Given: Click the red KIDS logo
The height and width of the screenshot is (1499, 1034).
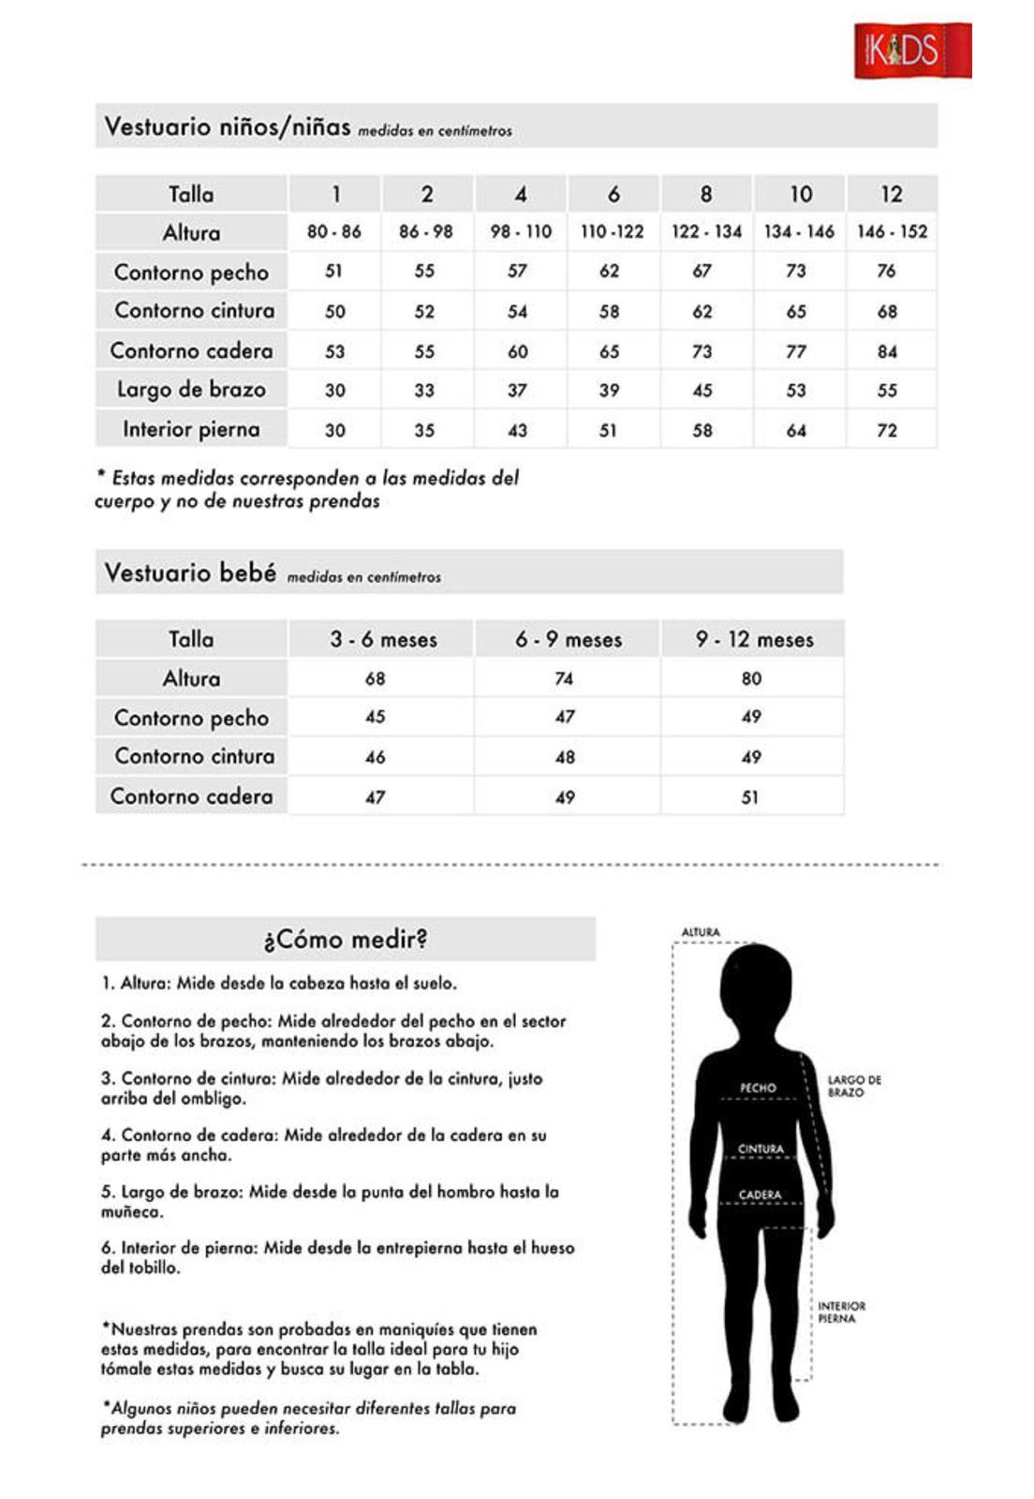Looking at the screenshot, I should (912, 51).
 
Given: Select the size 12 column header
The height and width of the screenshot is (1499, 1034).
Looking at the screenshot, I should (891, 194).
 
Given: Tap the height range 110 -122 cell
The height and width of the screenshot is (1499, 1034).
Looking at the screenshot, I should (613, 231).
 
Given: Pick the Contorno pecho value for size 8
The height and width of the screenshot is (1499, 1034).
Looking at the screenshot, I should (702, 271).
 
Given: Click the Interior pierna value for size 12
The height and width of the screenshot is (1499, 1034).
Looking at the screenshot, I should (887, 430).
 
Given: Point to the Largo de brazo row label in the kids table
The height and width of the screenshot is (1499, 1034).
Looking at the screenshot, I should (191, 390).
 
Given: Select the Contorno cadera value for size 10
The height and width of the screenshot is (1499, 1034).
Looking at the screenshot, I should (796, 351).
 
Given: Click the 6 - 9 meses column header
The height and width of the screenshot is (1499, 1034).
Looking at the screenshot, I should (568, 640).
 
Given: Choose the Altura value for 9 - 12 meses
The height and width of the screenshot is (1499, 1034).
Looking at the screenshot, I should (751, 678).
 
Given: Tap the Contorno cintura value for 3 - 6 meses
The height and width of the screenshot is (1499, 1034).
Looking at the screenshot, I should (375, 757).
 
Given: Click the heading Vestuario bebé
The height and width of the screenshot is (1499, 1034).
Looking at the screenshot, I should (190, 572).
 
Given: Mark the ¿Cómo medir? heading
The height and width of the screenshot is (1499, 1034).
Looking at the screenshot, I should (346, 939).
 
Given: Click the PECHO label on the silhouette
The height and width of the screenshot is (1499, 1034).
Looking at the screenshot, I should (758, 1088).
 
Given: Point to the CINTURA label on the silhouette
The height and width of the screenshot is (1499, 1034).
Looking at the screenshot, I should (761, 1149).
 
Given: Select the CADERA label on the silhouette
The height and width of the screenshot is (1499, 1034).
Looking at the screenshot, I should (760, 1195).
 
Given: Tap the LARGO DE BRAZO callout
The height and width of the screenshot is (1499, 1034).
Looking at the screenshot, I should (853, 1086).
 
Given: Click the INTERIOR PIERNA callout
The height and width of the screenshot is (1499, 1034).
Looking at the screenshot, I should (841, 1312).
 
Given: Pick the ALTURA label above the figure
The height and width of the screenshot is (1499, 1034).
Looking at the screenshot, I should (701, 932).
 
